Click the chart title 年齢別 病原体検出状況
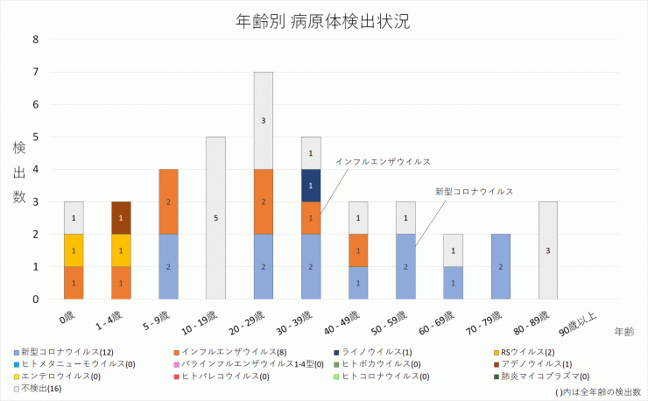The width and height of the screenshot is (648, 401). pos(323,20)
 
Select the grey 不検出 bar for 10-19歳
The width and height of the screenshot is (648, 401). pos(215,217)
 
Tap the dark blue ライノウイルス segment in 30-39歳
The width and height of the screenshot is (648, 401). pos(311,186)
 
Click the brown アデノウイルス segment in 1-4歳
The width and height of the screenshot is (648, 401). pos(121,218)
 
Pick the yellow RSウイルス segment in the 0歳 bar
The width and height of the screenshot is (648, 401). pos(74,250)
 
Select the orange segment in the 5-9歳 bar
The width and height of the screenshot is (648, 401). pos(168,201)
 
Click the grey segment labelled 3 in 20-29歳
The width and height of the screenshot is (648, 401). pos(264,121)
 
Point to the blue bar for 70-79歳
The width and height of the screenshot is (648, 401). pos(501,266)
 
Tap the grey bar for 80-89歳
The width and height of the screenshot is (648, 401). pos(548,250)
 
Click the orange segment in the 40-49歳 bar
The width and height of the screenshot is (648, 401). pos(358,250)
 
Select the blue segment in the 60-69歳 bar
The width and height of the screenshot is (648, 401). pos(454,283)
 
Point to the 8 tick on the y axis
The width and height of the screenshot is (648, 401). pos(35,39)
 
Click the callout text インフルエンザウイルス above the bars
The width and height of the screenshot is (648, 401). pos(383,162)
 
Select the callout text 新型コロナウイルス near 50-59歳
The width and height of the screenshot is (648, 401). pos(474,190)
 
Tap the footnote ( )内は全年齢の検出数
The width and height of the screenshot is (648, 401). pos(598,391)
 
